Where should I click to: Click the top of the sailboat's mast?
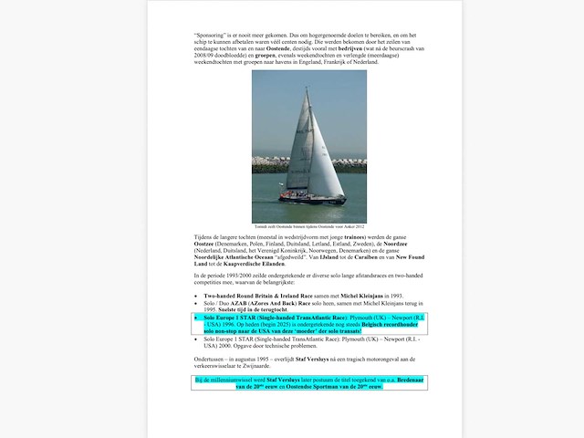click(x=307, y=89)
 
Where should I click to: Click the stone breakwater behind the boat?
click(x=274, y=168)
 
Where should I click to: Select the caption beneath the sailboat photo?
click(x=309, y=225)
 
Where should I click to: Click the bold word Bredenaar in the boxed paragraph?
click(x=402, y=380)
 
